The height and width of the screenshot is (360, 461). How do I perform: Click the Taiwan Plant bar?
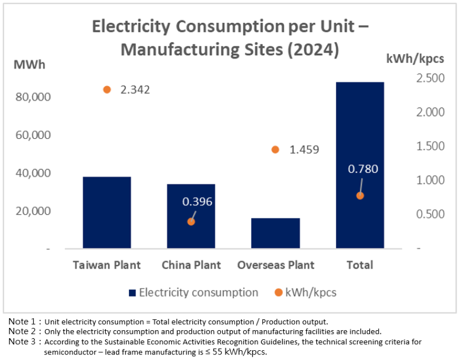coord(107,213)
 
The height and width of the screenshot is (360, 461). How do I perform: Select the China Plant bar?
coord(191,216)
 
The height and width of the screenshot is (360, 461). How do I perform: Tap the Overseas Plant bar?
coord(275,233)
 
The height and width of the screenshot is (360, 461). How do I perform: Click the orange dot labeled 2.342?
coord(107,89)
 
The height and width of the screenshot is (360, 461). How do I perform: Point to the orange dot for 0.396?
coord(191,221)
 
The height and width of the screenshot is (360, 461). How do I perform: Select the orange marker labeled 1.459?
coord(275,150)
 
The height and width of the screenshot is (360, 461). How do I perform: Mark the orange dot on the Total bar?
coord(360,196)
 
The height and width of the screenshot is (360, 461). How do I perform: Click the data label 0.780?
coord(363,169)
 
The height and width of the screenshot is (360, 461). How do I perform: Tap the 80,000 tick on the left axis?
coord(34,97)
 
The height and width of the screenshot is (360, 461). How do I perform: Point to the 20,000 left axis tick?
coord(34,211)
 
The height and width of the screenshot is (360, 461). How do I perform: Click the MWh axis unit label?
coord(29,65)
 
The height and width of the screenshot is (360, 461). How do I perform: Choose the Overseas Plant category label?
coord(276,265)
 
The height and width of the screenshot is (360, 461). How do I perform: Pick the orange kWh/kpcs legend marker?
coord(278,293)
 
